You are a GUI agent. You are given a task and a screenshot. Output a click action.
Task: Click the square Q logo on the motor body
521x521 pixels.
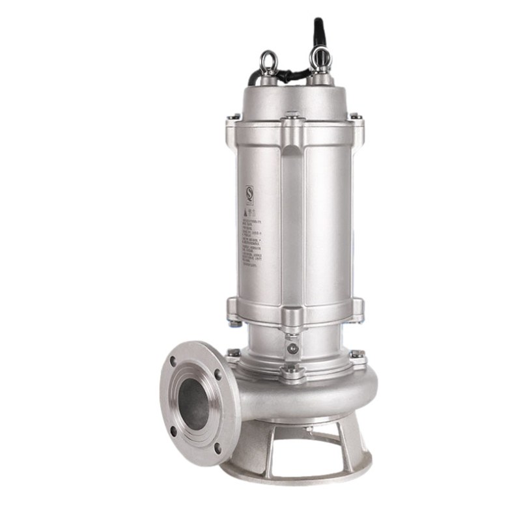249,193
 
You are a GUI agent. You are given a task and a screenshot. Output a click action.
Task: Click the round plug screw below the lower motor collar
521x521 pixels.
292,349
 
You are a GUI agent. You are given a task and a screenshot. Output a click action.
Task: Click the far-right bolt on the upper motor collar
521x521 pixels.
356,117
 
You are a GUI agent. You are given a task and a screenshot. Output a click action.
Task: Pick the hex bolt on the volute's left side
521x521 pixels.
232,354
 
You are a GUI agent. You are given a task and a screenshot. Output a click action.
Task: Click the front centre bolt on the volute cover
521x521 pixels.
290,371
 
